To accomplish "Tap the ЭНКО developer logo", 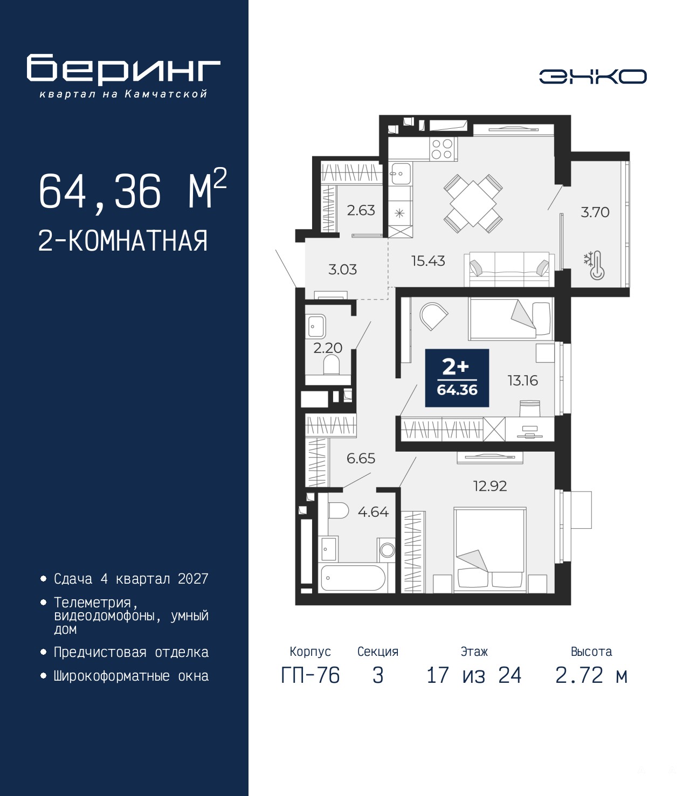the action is [x=592, y=76].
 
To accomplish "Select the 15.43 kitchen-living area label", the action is [x=428, y=261].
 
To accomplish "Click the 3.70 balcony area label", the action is [x=595, y=212].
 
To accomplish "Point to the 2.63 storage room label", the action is [x=361, y=210].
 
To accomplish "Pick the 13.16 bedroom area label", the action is [x=522, y=380].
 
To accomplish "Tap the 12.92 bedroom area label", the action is [x=490, y=486].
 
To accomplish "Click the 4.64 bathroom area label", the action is [x=373, y=512].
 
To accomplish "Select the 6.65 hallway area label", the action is [x=361, y=458].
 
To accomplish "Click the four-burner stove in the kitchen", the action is [x=442, y=149].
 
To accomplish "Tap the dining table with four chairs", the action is [x=473, y=204].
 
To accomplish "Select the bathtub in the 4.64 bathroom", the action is [x=352, y=577].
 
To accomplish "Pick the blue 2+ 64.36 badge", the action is [x=457, y=378].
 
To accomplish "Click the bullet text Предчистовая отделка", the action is [x=131, y=652].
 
